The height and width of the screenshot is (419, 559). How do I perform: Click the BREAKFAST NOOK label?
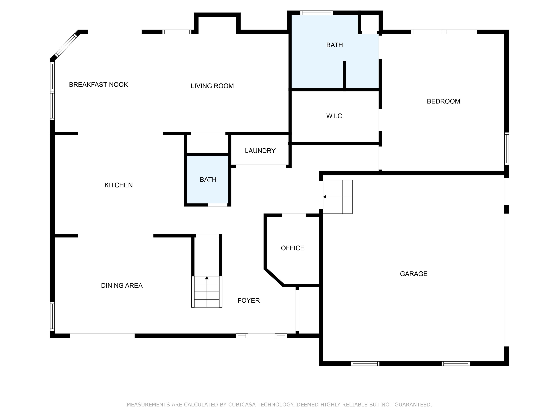coord(99,85)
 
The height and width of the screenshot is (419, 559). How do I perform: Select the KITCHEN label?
coord(118,185)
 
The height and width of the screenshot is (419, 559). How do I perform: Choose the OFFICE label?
coord(293,248)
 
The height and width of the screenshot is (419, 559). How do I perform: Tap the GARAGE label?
coord(414,274)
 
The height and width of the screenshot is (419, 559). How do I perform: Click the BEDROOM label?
coord(443,101)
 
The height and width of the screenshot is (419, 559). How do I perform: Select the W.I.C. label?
coord(335,116)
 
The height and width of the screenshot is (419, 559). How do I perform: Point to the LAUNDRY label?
coord(260,151)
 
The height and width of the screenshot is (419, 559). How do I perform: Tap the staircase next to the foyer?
coord(207,292)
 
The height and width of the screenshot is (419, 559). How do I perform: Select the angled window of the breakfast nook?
coord(66,45)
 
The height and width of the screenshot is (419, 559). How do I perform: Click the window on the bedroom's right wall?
coord(507,149)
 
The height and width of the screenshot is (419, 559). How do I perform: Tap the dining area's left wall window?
coord(52,316)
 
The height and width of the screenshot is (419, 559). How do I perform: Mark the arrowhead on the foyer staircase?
coord(207,278)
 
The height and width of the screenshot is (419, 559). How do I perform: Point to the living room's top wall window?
coord(177,32)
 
